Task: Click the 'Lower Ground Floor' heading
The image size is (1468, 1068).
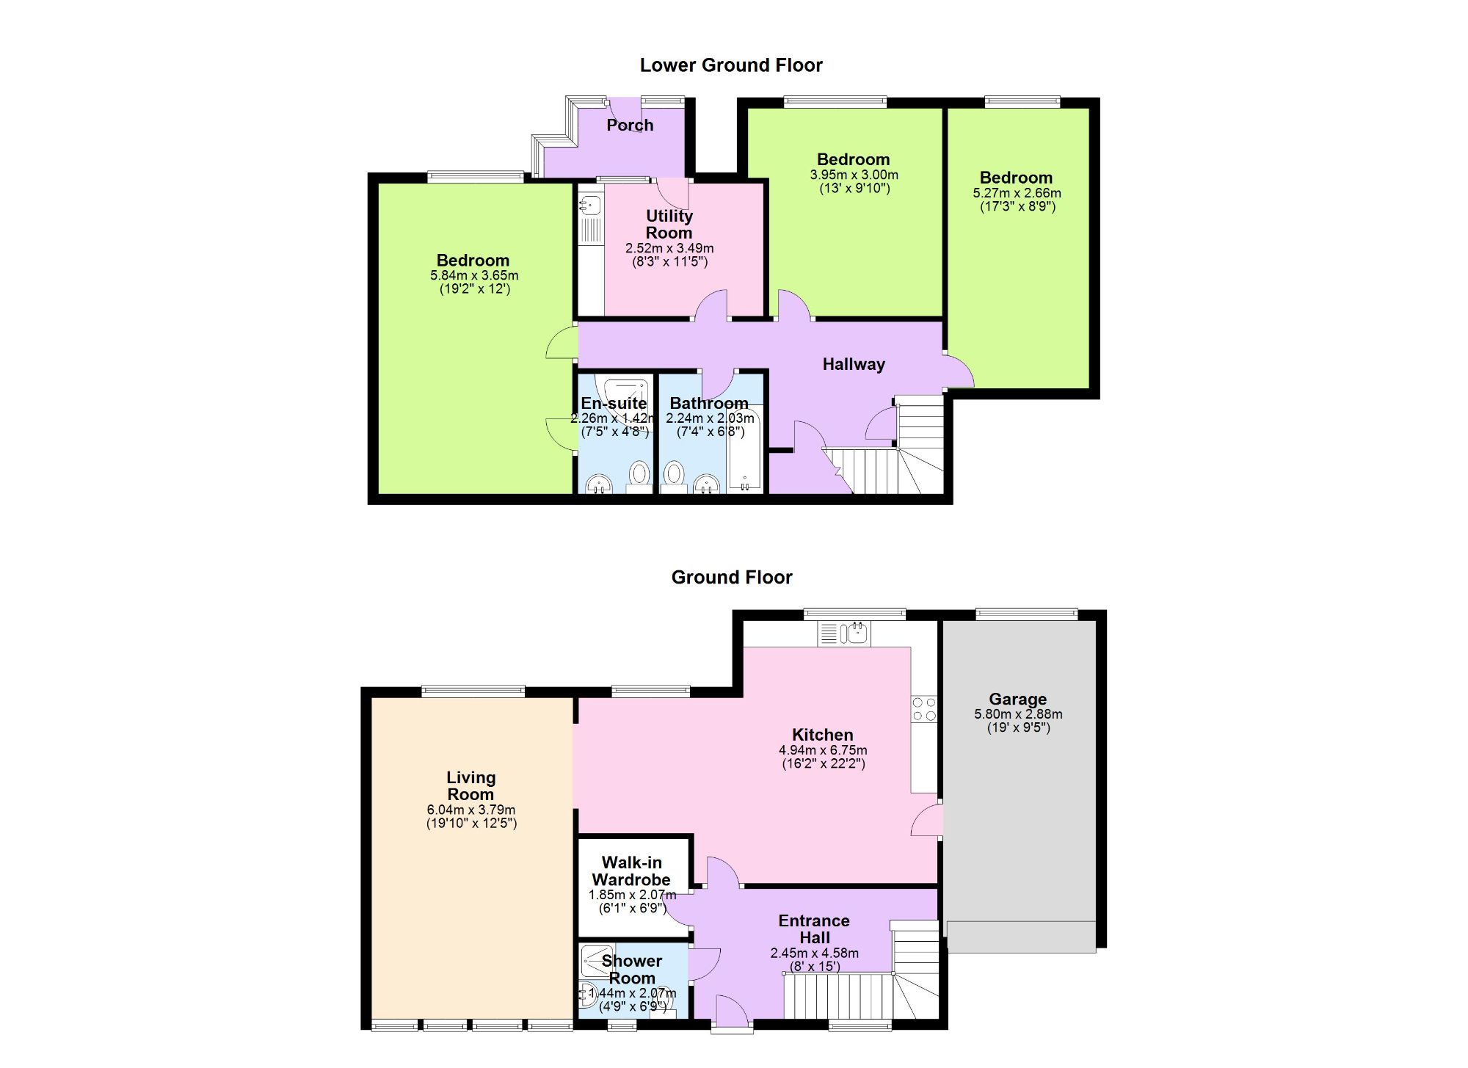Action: point(731,65)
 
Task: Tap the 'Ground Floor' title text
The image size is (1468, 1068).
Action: point(732,578)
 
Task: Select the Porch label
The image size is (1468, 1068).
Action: point(630,126)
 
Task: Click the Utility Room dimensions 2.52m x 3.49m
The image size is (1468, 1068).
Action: point(669,248)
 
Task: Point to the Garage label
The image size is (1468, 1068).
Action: point(1017,699)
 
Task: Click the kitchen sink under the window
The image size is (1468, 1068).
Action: point(854,633)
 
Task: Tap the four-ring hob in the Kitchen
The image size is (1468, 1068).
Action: point(924,709)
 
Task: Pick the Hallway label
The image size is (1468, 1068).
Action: point(853,364)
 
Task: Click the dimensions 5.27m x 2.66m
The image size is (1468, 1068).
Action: point(1017,193)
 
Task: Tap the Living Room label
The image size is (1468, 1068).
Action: point(470,785)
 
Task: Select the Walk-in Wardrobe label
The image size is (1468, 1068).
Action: point(631,871)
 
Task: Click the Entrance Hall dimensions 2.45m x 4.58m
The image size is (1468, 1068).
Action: point(814,953)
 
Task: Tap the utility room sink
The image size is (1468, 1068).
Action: point(590,204)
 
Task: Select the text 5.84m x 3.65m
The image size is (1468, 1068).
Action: point(474,275)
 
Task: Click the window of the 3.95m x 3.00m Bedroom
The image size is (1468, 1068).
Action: point(835,102)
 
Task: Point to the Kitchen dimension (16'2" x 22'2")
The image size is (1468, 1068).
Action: point(823,763)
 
